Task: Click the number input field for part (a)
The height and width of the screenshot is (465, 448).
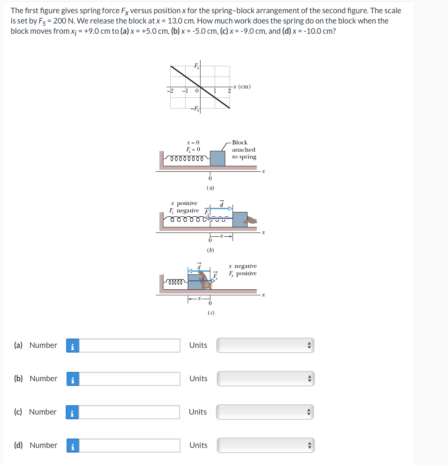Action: (x=130, y=345)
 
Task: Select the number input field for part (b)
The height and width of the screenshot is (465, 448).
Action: (x=130, y=379)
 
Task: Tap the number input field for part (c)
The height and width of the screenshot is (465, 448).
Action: (x=130, y=412)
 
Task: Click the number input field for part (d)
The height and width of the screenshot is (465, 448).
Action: (x=130, y=445)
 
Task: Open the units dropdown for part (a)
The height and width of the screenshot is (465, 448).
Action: (x=265, y=345)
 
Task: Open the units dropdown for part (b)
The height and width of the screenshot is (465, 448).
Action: (x=265, y=379)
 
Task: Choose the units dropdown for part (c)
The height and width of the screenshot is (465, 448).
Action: (x=265, y=412)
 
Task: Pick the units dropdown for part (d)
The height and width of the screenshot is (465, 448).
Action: (x=265, y=445)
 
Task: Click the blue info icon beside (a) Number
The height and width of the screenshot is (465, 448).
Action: (x=73, y=346)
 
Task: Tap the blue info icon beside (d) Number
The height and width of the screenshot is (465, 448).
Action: (x=73, y=446)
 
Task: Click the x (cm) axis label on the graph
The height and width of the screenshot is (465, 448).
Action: (x=242, y=87)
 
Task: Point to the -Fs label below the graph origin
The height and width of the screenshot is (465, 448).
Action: (x=194, y=107)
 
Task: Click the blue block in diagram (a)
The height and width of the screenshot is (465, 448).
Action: (x=218, y=158)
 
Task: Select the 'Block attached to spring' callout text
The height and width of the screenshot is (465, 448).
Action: (x=244, y=150)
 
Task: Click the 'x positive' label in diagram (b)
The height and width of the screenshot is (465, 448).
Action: (x=184, y=203)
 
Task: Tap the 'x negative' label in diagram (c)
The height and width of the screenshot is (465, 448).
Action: (x=243, y=266)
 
